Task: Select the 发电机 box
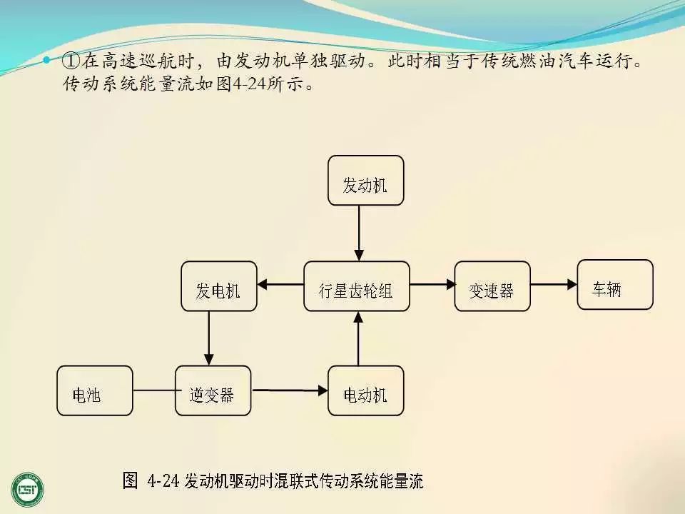pyautogui.click(x=218, y=286)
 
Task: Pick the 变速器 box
pyautogui.click(x=492, y=286)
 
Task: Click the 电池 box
pyautogui.click(x=95, y=390)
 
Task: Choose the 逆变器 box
pyautogui.click(x=213, y=390)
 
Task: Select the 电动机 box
pyautogui.click(x=365, y=390)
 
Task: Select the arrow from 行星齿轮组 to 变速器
pyautogui.click(x=432, y=285)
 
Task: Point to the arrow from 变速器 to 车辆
pyautogui.click(x=554, y=285)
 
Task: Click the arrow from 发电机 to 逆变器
pyautogui.click(x=209, y=338)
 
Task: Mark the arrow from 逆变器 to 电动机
pyautogui.click(x=290, y=390)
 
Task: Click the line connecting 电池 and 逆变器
pyautogui.click(x=154, y=390)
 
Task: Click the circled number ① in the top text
pyautogui.click(x=70, y=61)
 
